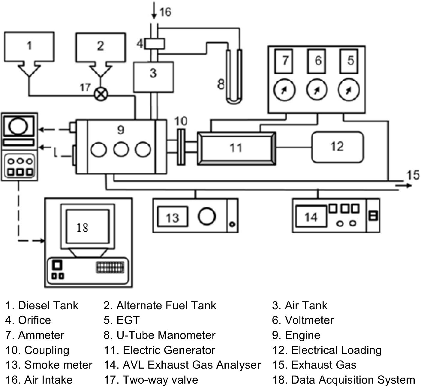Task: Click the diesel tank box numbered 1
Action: (x=29, y=47)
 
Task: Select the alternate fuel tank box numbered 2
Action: (x=100, y=47)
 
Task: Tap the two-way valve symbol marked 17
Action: (x=101, y=95)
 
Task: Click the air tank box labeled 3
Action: (x=153, y=77)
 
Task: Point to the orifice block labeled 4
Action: (x=155, y=44)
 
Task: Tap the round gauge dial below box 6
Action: (x=316, y=90)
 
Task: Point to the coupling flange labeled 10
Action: (x=181, y=147)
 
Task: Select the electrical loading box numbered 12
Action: (x=337, y=147)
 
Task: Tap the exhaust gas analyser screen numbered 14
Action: (x=311, y=217)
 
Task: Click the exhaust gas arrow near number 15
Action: (x=404, y=186)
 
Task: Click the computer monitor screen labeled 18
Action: (x=87, y=226)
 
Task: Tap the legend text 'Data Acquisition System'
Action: (x=353, y=380)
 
